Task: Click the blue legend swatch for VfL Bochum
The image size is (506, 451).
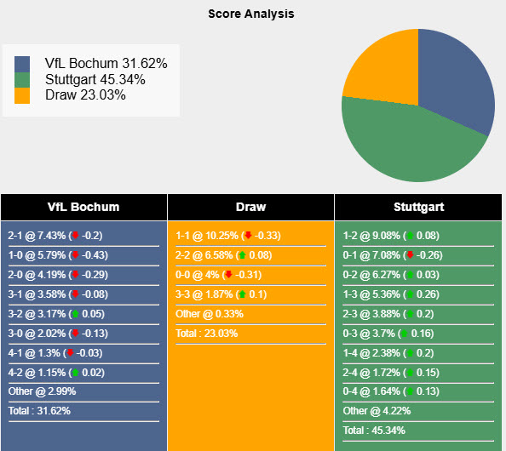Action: point(22,64)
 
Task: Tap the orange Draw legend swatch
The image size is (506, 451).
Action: point(22,94)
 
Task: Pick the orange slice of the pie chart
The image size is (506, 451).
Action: point(379,68)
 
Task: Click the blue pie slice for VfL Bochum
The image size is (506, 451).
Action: point(456,77)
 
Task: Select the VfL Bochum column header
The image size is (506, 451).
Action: point(83,207)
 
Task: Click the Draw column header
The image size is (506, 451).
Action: point(250,207)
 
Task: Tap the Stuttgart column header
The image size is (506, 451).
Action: point(418,207)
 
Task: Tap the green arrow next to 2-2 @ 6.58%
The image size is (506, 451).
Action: point(242,255)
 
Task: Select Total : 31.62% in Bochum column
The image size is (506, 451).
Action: point(39,411)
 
